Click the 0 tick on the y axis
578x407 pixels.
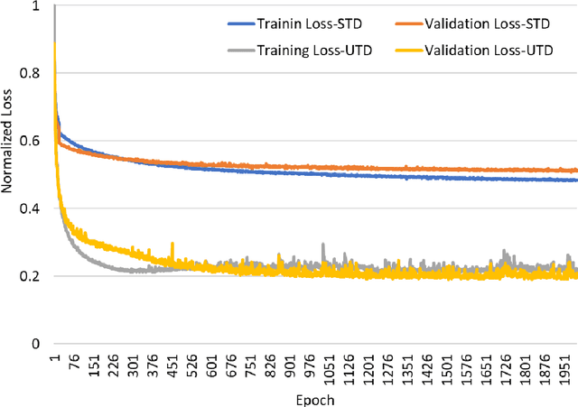coord(37,344)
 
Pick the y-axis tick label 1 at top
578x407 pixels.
coord(37,7)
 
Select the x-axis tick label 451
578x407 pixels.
coord(172,363)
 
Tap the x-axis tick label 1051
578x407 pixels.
coord(329,365)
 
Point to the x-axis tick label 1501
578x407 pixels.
coord(446,365)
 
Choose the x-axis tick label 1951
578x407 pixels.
coord(564,365)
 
